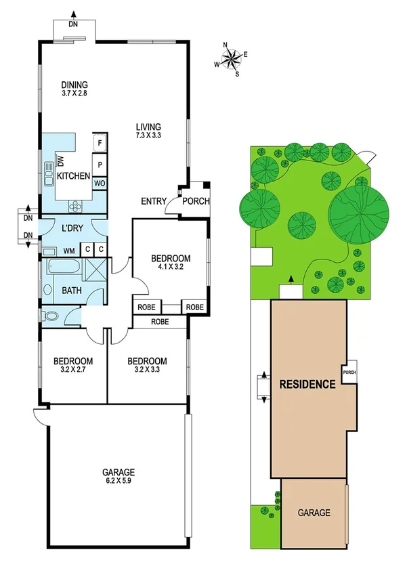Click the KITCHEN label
tap(73, 176)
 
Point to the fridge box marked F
tap(99, 143)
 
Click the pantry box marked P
tap(99, 165)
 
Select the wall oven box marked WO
tap(99, 183)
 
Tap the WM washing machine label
tap(69, 251)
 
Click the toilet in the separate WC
tap(50, 316)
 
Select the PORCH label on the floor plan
tap(196, 201)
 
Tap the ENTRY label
tap(153, 201)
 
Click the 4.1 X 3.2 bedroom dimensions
tap(170, 268)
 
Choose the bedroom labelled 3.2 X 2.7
tap(69, 366)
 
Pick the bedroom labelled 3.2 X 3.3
tap(147, 366)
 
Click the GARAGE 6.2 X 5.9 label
tap(119, 477)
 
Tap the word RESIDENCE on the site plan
tap(307, 385)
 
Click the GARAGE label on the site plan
tap(314, 513)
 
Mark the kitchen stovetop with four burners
tap(75, 207)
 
